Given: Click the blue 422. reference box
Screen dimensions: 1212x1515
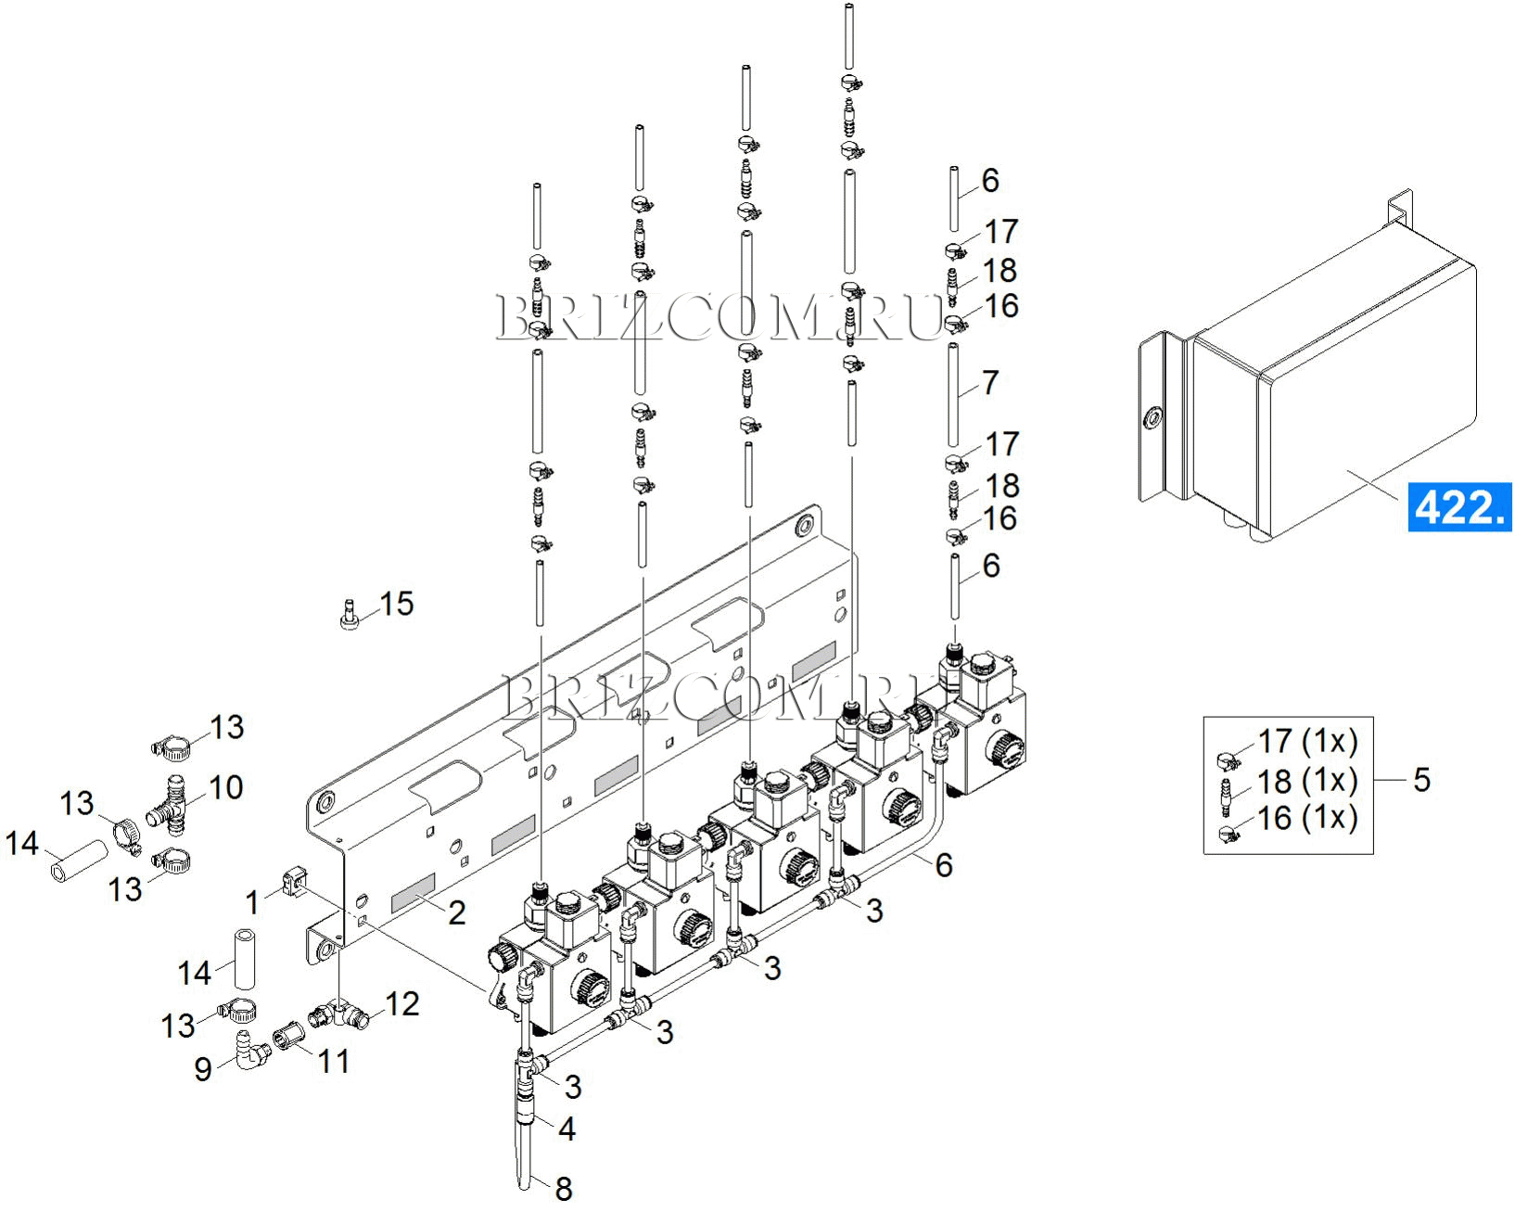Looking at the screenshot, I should point(1458,507).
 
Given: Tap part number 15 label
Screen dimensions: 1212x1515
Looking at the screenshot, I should point(397,604).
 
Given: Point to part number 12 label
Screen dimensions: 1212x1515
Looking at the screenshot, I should point(402,1003).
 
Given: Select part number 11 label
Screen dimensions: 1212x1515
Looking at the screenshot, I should point(333,1061).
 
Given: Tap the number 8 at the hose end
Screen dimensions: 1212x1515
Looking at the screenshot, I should point(564,1188).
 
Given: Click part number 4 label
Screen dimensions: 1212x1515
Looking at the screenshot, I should point(567,1129).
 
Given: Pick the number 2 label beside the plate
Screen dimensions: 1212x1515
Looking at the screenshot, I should point(456,912).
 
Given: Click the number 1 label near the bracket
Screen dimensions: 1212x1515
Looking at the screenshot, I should point(252,901).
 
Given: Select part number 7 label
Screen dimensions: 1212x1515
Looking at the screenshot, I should point(990,382).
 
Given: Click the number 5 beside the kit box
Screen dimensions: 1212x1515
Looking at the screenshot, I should point(1422,780).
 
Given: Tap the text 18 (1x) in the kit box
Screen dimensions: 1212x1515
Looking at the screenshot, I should point(1307,781).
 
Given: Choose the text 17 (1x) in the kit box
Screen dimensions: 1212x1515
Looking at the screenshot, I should point(1307,742).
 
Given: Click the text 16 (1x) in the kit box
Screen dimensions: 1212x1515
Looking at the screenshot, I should point(1307,818).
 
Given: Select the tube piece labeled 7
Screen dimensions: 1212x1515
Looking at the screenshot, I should point(953,394).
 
